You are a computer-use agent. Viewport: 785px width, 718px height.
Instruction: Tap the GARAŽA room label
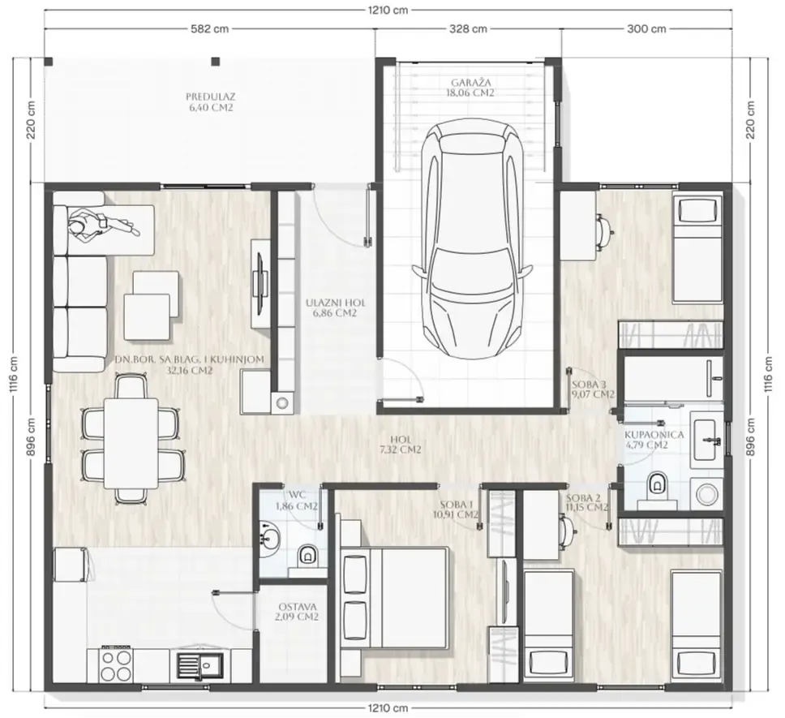point(470,88)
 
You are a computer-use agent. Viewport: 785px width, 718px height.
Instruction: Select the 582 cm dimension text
point(210,29)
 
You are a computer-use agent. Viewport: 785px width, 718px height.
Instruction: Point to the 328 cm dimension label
point(468,29)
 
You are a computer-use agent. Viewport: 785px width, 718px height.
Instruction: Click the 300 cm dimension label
point(646,29)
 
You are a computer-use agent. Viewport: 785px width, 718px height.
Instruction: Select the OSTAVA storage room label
point(297,612)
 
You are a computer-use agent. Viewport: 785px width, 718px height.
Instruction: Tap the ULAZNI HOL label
point(336,308)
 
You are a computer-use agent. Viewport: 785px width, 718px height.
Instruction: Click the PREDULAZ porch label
point(211,101)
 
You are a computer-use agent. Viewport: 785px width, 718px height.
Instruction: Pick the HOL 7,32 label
point(401,444)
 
